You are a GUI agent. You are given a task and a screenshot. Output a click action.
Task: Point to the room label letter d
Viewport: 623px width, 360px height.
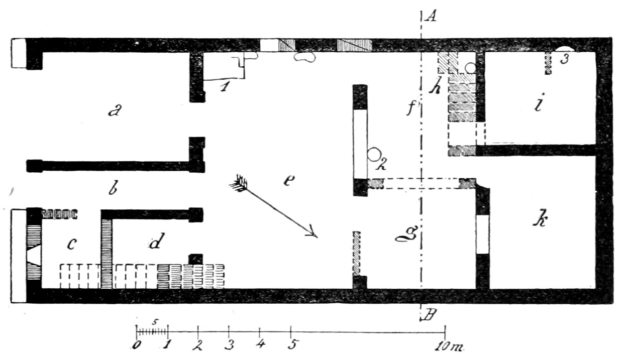(x=155, y=244)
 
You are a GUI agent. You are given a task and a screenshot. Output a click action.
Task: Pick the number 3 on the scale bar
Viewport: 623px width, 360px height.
(x=230, y=345)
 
